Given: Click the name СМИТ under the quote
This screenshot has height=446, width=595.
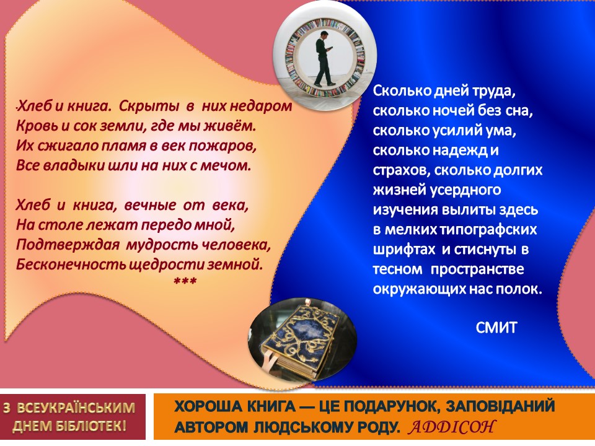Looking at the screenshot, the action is click(496, 327).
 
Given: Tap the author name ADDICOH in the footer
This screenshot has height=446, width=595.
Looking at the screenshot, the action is click(452, 427).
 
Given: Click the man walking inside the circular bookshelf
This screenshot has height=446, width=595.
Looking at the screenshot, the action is click(324, 58).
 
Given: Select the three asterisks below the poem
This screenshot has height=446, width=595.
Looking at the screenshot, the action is click(185, 282).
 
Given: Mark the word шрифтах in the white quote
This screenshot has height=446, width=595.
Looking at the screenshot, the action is click(403, 250).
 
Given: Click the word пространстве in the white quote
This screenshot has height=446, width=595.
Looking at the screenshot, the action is click(477, 269).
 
